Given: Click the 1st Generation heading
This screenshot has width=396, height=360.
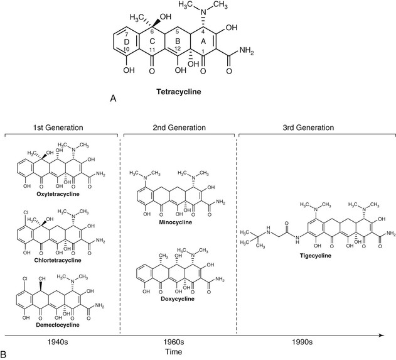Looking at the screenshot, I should point(62,128).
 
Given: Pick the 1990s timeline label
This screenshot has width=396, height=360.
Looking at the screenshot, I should point(308,342).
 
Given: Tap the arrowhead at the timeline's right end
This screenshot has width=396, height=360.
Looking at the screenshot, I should point(382,334).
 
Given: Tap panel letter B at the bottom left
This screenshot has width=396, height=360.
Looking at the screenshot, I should point(5,354).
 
